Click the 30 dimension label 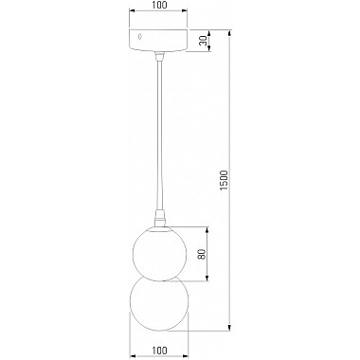point(206,41)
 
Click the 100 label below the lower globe point(161,351)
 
